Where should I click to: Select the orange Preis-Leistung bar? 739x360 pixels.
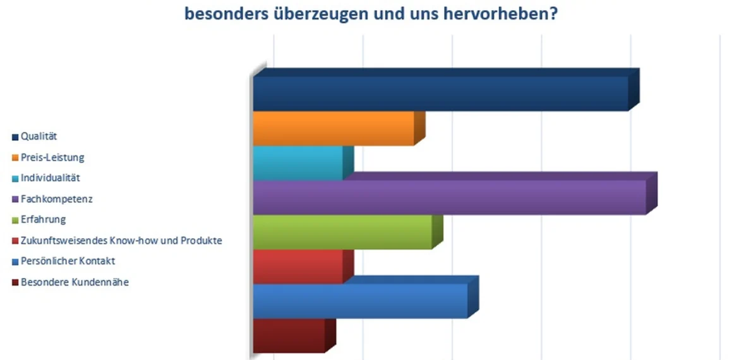(x=333, y=128)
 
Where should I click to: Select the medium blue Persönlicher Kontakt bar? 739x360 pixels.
(x=360, y=301)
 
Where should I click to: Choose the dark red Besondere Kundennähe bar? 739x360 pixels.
(x=289, y=335)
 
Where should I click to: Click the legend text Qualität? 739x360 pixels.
(x=39, y=136)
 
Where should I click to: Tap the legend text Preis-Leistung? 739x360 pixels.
(x=52, y=157)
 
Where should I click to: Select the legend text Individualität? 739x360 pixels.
(x=51, y=178)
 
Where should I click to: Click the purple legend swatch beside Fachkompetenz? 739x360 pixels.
(x=15, y=200)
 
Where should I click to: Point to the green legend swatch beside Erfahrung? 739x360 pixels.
(x=15, y=220)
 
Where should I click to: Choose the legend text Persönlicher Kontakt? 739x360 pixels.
(x=68, y=261)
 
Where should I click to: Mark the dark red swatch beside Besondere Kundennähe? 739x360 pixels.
(x=15, y=283)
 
